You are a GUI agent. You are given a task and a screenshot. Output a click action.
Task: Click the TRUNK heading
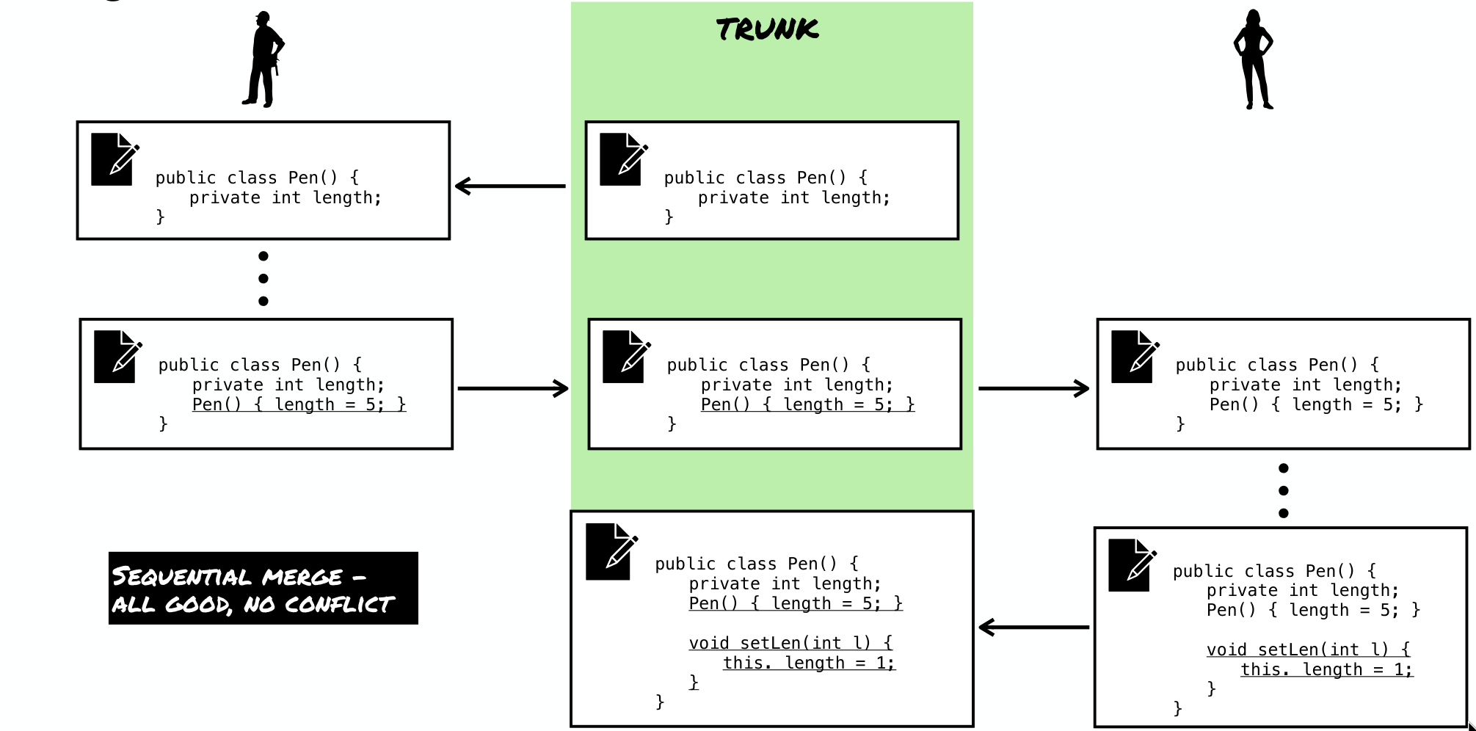click(x=767, y=29)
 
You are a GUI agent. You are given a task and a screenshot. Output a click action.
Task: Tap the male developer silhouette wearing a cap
click(x=263, y=59)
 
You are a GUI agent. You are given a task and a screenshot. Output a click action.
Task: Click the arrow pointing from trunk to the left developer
click(x=510, y=186)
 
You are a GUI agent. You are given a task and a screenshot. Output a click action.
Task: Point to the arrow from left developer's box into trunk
click(x=513, y=388)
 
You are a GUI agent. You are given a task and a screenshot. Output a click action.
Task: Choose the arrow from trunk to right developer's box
click(x=1034, y=388)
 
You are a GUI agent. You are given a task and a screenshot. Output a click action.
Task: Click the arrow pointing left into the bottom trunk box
click(x=1034, y=628)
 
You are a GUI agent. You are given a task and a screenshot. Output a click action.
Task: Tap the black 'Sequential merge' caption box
click(x=263, y=589)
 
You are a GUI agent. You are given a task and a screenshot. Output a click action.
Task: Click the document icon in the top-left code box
click(x=115, y=159)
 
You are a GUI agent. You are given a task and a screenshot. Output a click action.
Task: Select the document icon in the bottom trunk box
click(x=612, y=552)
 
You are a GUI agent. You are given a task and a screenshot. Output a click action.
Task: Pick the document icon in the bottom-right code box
click(x=1133, y=565)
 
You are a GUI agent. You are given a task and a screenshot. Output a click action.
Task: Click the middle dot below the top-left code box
click(x=263, y=279)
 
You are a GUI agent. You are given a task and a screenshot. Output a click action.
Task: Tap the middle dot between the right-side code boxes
click(x=1283, y=490)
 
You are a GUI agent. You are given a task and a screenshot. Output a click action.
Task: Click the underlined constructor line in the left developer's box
click(x=299, y=404)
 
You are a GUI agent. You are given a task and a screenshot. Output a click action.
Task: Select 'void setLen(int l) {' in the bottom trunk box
click(x=790, y=643)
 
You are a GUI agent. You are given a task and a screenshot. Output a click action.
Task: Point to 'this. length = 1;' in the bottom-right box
click(x=1327, y=669)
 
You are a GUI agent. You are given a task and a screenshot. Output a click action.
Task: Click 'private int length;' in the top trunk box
click(x=794, y=197)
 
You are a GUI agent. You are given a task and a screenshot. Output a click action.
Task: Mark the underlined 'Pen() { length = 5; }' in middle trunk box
click(x=807, y=404)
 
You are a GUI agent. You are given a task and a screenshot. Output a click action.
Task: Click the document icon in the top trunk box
click(x=624, y=159)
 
